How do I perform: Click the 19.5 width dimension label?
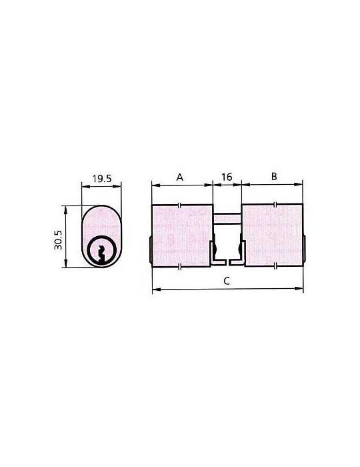click(x=102, y=178)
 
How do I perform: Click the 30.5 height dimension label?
click(x=58, y=240)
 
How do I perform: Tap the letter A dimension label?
click(x=179, y=177)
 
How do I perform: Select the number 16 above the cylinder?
click(x=227, y=177)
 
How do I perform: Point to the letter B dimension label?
click(x=274, y=176)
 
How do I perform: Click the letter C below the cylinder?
click(x=227, y=281)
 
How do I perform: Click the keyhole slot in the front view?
click(x=101, y=254)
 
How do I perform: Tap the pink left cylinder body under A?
click(x=182, y=236)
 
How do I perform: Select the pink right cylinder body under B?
click(x=273, y=235)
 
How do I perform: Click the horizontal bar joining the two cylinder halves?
click(x=227, y=218)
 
